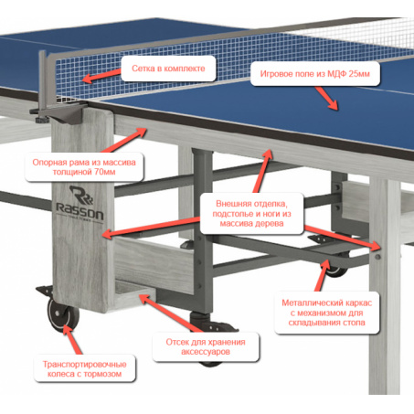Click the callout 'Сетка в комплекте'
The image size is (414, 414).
[168, 69]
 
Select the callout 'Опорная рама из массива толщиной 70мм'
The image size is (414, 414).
[84, 167]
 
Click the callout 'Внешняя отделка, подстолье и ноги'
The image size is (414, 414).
[251, 213]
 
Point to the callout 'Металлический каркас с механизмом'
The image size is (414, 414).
[327, 313]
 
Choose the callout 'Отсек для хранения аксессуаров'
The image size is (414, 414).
[206, 346]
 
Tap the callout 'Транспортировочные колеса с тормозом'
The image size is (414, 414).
[85, 368]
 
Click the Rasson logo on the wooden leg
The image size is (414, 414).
[80, 204]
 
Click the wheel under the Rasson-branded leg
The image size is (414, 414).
[63, 315]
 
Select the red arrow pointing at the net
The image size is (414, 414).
[102, 77]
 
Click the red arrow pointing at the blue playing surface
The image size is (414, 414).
[326, 98]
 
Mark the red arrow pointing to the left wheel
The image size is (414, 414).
[72, 340]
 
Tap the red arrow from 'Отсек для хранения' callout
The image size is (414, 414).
[171, 313]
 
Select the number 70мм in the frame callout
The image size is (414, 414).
[104, 172]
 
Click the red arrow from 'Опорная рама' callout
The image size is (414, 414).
[124, 140]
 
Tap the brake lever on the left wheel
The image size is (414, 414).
[45, 291]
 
